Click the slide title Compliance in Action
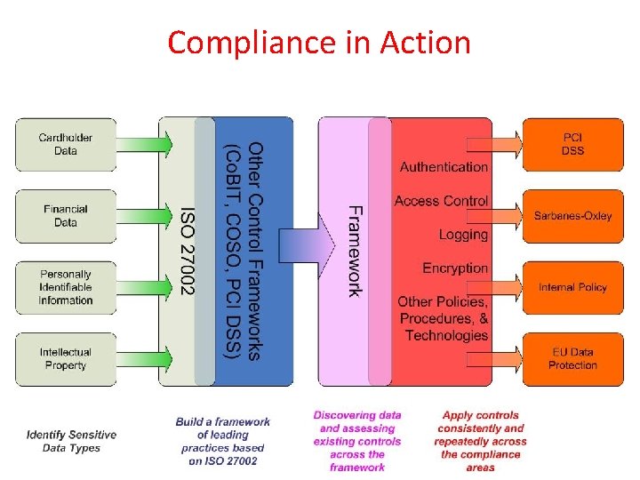point(318,43)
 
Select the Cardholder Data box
point(66,145)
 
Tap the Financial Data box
point(66,216)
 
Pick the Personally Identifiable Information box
point(66,287)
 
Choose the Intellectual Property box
point(66,358)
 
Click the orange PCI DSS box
point(572,145)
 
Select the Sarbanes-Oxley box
point(572,216)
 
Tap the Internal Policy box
point(572,287)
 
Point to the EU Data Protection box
point(572,358)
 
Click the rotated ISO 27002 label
point(188,252)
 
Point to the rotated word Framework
point(354,252)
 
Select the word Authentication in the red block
point(444,167)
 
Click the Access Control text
point(441,201)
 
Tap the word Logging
point(463,235)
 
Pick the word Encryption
point(455,268)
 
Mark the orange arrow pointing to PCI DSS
point(505,144)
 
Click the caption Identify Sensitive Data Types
point(71,441)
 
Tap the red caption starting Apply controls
point(481,441)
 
